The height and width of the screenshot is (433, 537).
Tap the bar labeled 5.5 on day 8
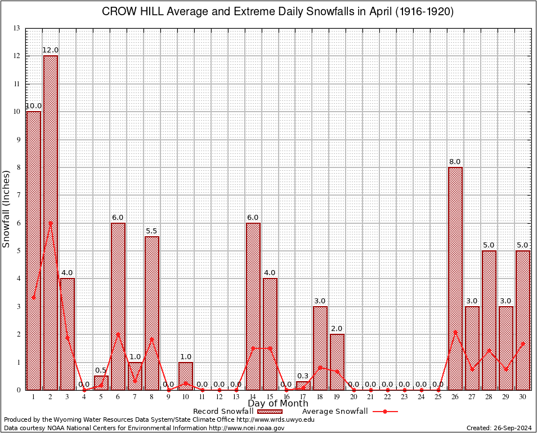151,313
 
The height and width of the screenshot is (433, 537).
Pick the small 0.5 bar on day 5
101,383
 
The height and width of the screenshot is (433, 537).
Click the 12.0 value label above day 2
51,50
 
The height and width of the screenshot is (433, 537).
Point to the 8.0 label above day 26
455,162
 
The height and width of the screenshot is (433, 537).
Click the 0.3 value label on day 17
303,376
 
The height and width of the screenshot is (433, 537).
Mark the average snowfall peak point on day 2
50,223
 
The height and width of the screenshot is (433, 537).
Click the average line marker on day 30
523,343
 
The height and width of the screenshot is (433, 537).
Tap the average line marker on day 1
34,297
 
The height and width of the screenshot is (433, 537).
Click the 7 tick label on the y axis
19,195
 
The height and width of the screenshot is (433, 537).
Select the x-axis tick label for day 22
387,397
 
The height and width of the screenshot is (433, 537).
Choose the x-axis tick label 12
219,397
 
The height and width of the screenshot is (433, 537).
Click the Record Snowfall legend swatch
270,411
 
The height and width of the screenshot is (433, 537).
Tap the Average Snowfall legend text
331,411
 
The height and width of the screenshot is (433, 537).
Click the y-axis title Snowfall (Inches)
7,209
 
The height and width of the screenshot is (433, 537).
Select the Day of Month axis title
278,403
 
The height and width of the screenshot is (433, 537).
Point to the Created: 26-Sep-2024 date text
499,428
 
